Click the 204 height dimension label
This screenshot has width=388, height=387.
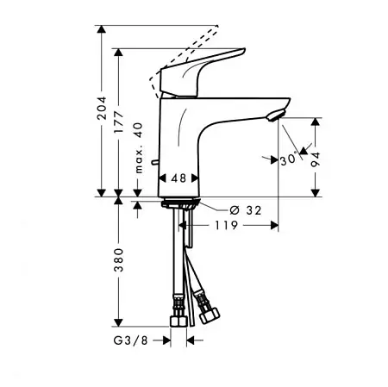pos(102,108)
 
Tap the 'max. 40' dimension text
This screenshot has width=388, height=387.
pos(139,147)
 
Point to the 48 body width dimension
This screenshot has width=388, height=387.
pos(178,178)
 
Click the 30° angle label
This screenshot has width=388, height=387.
pos(288,159)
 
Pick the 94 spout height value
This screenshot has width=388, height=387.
pos(316,159)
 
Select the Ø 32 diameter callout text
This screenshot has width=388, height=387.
pos(246,210)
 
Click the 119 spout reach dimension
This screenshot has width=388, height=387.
pos(227,226)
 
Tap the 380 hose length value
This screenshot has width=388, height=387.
pos(118,260)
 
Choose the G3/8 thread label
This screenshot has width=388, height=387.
pos(131,340)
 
